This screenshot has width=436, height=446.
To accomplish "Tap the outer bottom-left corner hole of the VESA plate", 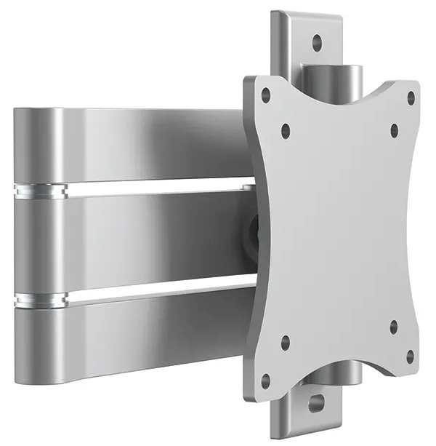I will (266, 378).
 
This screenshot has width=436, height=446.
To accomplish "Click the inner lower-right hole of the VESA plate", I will (393, 324).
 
